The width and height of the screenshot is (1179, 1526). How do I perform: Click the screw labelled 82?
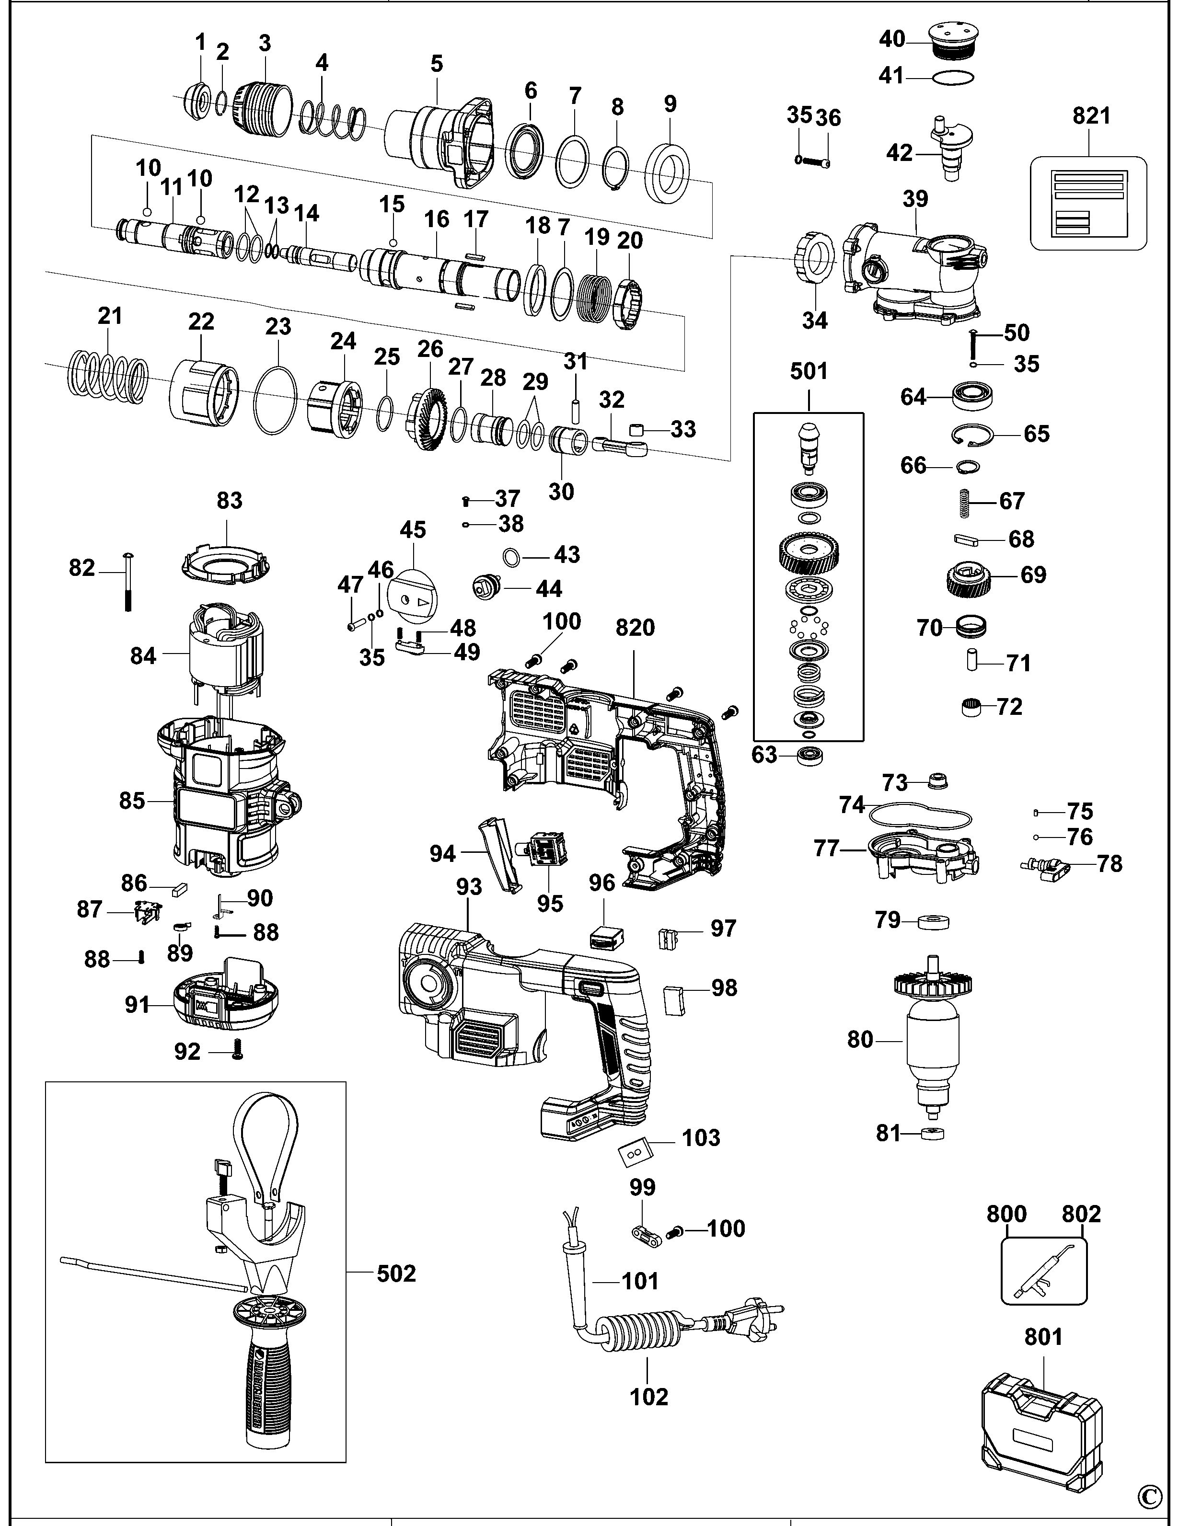[128, 581]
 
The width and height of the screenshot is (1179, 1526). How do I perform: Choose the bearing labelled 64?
[973, 397]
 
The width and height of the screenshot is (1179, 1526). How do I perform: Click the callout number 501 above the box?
[809, 371]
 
